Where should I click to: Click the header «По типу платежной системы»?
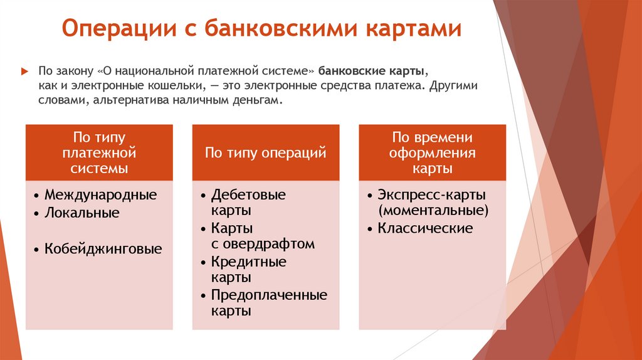pos(100,152)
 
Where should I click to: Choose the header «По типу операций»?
pos(265,152)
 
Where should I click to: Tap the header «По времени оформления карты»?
pos(432,152)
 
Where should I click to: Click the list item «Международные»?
pos(100,194)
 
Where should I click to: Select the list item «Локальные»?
pos(82,213)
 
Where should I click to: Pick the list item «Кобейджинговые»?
pos(103,249)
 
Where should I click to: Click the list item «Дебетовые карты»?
pos(248,201)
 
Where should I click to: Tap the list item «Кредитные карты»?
pos(248,268)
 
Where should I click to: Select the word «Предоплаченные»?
pos(269,295)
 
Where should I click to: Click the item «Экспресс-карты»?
pos(432,194)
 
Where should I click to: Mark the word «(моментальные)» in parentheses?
pos(433,210)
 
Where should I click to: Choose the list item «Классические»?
pos(425,228)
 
